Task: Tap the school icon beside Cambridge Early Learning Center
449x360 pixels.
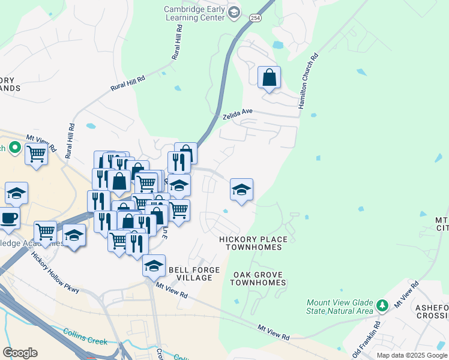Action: click(234, 13)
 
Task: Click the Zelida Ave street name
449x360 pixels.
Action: click(238, 113)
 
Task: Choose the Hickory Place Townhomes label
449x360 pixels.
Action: click(253, 243)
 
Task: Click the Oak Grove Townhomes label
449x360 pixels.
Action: click(258, 278)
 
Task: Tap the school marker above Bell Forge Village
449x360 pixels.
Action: click(154, 266)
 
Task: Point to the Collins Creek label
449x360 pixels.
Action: click(85, 337)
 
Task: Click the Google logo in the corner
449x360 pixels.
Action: click(20, 352)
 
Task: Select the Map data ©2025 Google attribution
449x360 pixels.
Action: click(412, 355)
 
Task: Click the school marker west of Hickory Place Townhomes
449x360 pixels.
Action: click(241, 191)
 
